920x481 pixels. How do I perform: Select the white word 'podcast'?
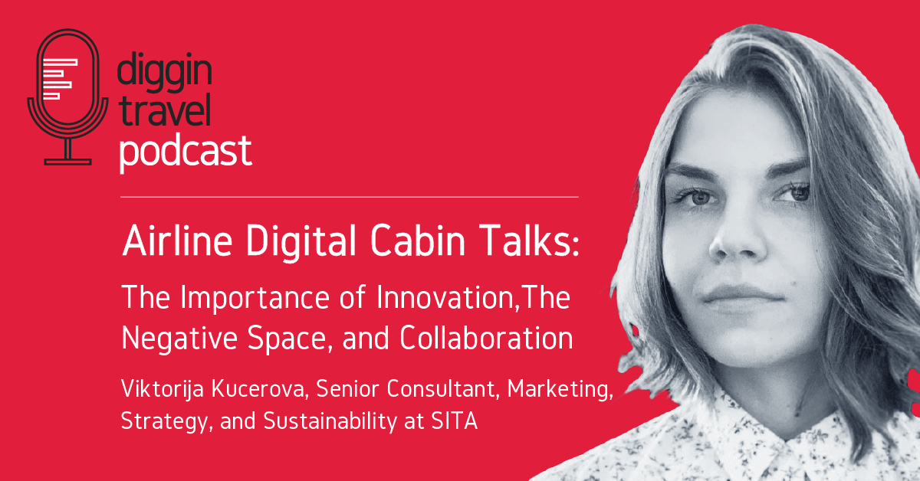point(186,152)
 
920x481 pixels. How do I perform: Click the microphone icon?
point(67,97)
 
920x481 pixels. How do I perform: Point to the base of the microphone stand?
point(67,162)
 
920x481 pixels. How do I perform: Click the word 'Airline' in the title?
point(177,240)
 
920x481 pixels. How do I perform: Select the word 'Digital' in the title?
point(301,242)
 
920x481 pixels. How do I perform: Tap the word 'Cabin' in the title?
point(418,240)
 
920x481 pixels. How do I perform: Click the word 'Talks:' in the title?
point(530,240)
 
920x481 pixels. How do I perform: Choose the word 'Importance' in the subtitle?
point(255,298)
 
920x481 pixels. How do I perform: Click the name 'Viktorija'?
point(163,389)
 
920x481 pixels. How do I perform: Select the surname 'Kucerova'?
point(259,388)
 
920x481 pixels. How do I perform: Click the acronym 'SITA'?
point(454,420)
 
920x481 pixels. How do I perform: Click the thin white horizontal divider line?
point(350,198)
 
